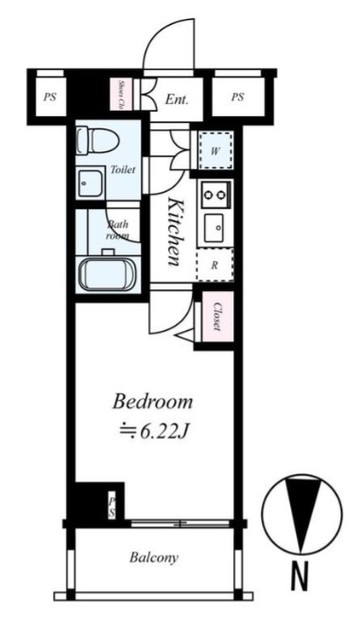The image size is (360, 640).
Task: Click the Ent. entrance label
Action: [177, 99]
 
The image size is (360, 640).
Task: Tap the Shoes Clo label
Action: [120, 93]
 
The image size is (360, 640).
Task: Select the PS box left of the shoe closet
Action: [48, 97]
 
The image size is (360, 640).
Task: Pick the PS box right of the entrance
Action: [237, 97]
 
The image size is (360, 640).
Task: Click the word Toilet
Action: [122, 170]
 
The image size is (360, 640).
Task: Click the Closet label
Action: [217, 318]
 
